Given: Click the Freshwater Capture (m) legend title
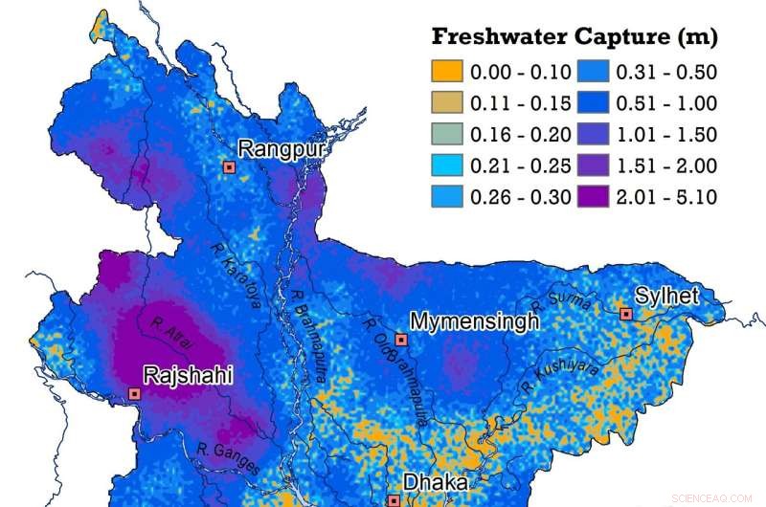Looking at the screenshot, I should pyautogui.click(x=574, y=37).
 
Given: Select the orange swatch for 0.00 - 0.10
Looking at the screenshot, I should pyautogui.click(x=446, y=71).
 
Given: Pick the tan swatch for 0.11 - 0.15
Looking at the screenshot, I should pyautogui.click(x=446, y=102).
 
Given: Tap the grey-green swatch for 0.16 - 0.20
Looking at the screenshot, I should pyautogui.click(x=446, y=134).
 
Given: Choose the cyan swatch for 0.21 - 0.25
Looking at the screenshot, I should pyautogui.click(x=446, y=165).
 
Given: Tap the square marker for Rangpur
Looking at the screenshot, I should pyautogui.click(x=229, y=166).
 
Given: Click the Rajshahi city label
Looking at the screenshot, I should pyautogui.click(x=188, y=374).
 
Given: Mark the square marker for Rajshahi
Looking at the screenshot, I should pyautogui.click(x=134, y=393).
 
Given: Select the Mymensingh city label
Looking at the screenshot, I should pyautogui.click(x=474, y=321).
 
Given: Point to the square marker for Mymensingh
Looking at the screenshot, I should pyautogui.click(x=401, y=340).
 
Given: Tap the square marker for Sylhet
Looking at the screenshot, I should pyautogui.click(x=625, y=314).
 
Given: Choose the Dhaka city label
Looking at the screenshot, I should pyautogui.click(x=435, y=484).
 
